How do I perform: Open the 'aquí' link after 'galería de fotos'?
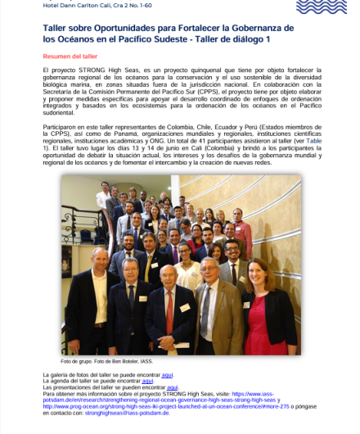[x=167, y=373]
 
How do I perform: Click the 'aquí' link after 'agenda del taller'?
[x=148, y=381]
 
